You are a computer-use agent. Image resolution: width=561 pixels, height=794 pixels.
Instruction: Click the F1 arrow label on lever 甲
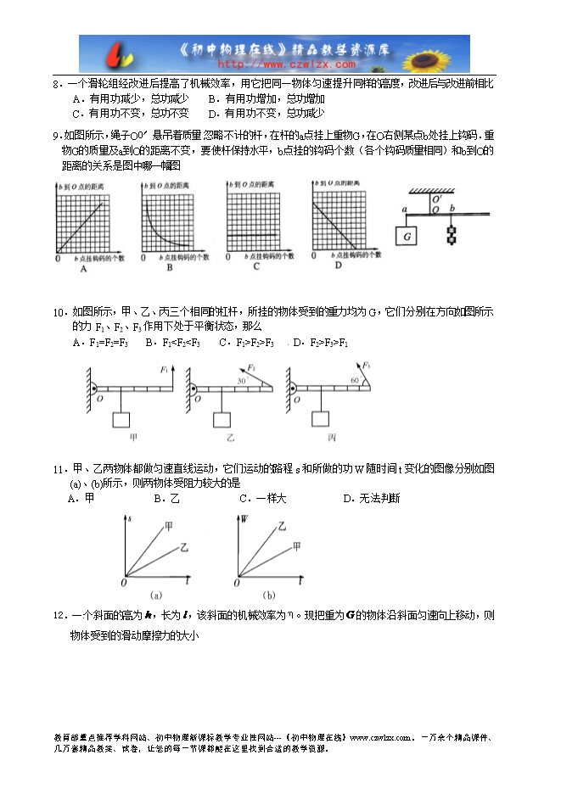point(163,370)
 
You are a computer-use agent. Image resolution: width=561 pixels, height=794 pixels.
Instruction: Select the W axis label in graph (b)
point(244,517)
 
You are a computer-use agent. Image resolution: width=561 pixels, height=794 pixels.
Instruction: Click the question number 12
point(59,616)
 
